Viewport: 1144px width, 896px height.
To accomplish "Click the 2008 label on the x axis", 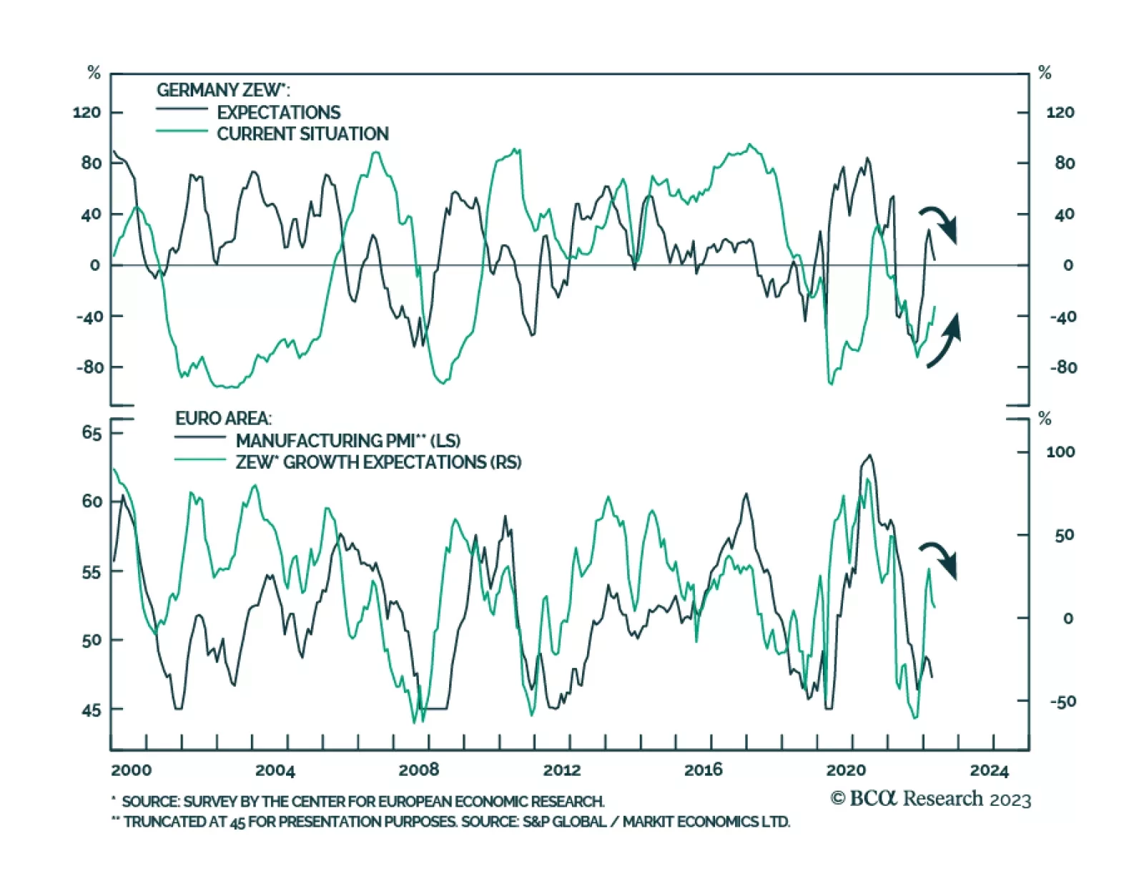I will [418, 770].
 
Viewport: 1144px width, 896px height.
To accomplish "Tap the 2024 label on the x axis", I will [989, 770].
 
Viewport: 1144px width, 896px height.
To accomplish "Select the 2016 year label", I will [703, 770].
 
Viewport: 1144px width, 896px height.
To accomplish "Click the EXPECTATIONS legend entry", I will [278, 112].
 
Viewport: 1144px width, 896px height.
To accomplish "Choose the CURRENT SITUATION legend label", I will [302, 134].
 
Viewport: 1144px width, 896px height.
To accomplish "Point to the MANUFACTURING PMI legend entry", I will [347, 440].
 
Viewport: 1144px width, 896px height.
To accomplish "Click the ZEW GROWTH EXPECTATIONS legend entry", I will [378, 462].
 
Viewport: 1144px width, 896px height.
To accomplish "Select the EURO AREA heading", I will [223, 419].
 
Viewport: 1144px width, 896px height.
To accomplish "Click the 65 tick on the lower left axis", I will [92, 433].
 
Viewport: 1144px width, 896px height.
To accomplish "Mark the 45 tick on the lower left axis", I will [92, 710].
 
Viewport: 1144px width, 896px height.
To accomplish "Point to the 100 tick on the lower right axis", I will [1060, 452].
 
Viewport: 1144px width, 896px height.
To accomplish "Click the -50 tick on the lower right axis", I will [1062, 702].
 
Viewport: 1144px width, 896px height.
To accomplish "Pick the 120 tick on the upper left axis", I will [87, 112].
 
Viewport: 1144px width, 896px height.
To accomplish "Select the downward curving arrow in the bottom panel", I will [939, 559].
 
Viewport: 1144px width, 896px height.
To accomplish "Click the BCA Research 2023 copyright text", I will [930, 798].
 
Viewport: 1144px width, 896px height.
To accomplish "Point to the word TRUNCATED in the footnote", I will [164, 822].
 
